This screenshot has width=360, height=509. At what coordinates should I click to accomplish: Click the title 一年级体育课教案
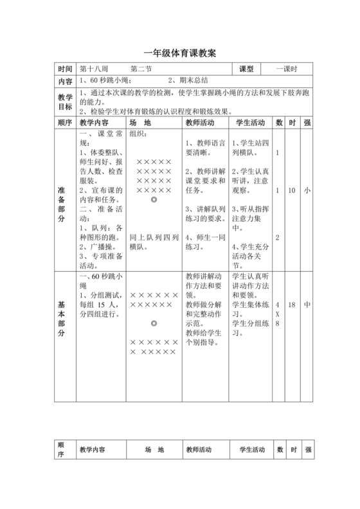point(179,53)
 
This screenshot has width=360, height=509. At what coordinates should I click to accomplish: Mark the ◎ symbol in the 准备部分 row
point(154,201)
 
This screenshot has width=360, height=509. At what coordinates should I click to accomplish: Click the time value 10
point(292,191)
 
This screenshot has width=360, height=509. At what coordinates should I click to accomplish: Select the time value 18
point(292,306)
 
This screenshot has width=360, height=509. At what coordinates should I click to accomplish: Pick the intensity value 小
point(307,191)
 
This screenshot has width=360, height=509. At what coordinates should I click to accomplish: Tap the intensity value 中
point(307,306)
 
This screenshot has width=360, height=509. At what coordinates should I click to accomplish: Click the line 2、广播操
point(97,246)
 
